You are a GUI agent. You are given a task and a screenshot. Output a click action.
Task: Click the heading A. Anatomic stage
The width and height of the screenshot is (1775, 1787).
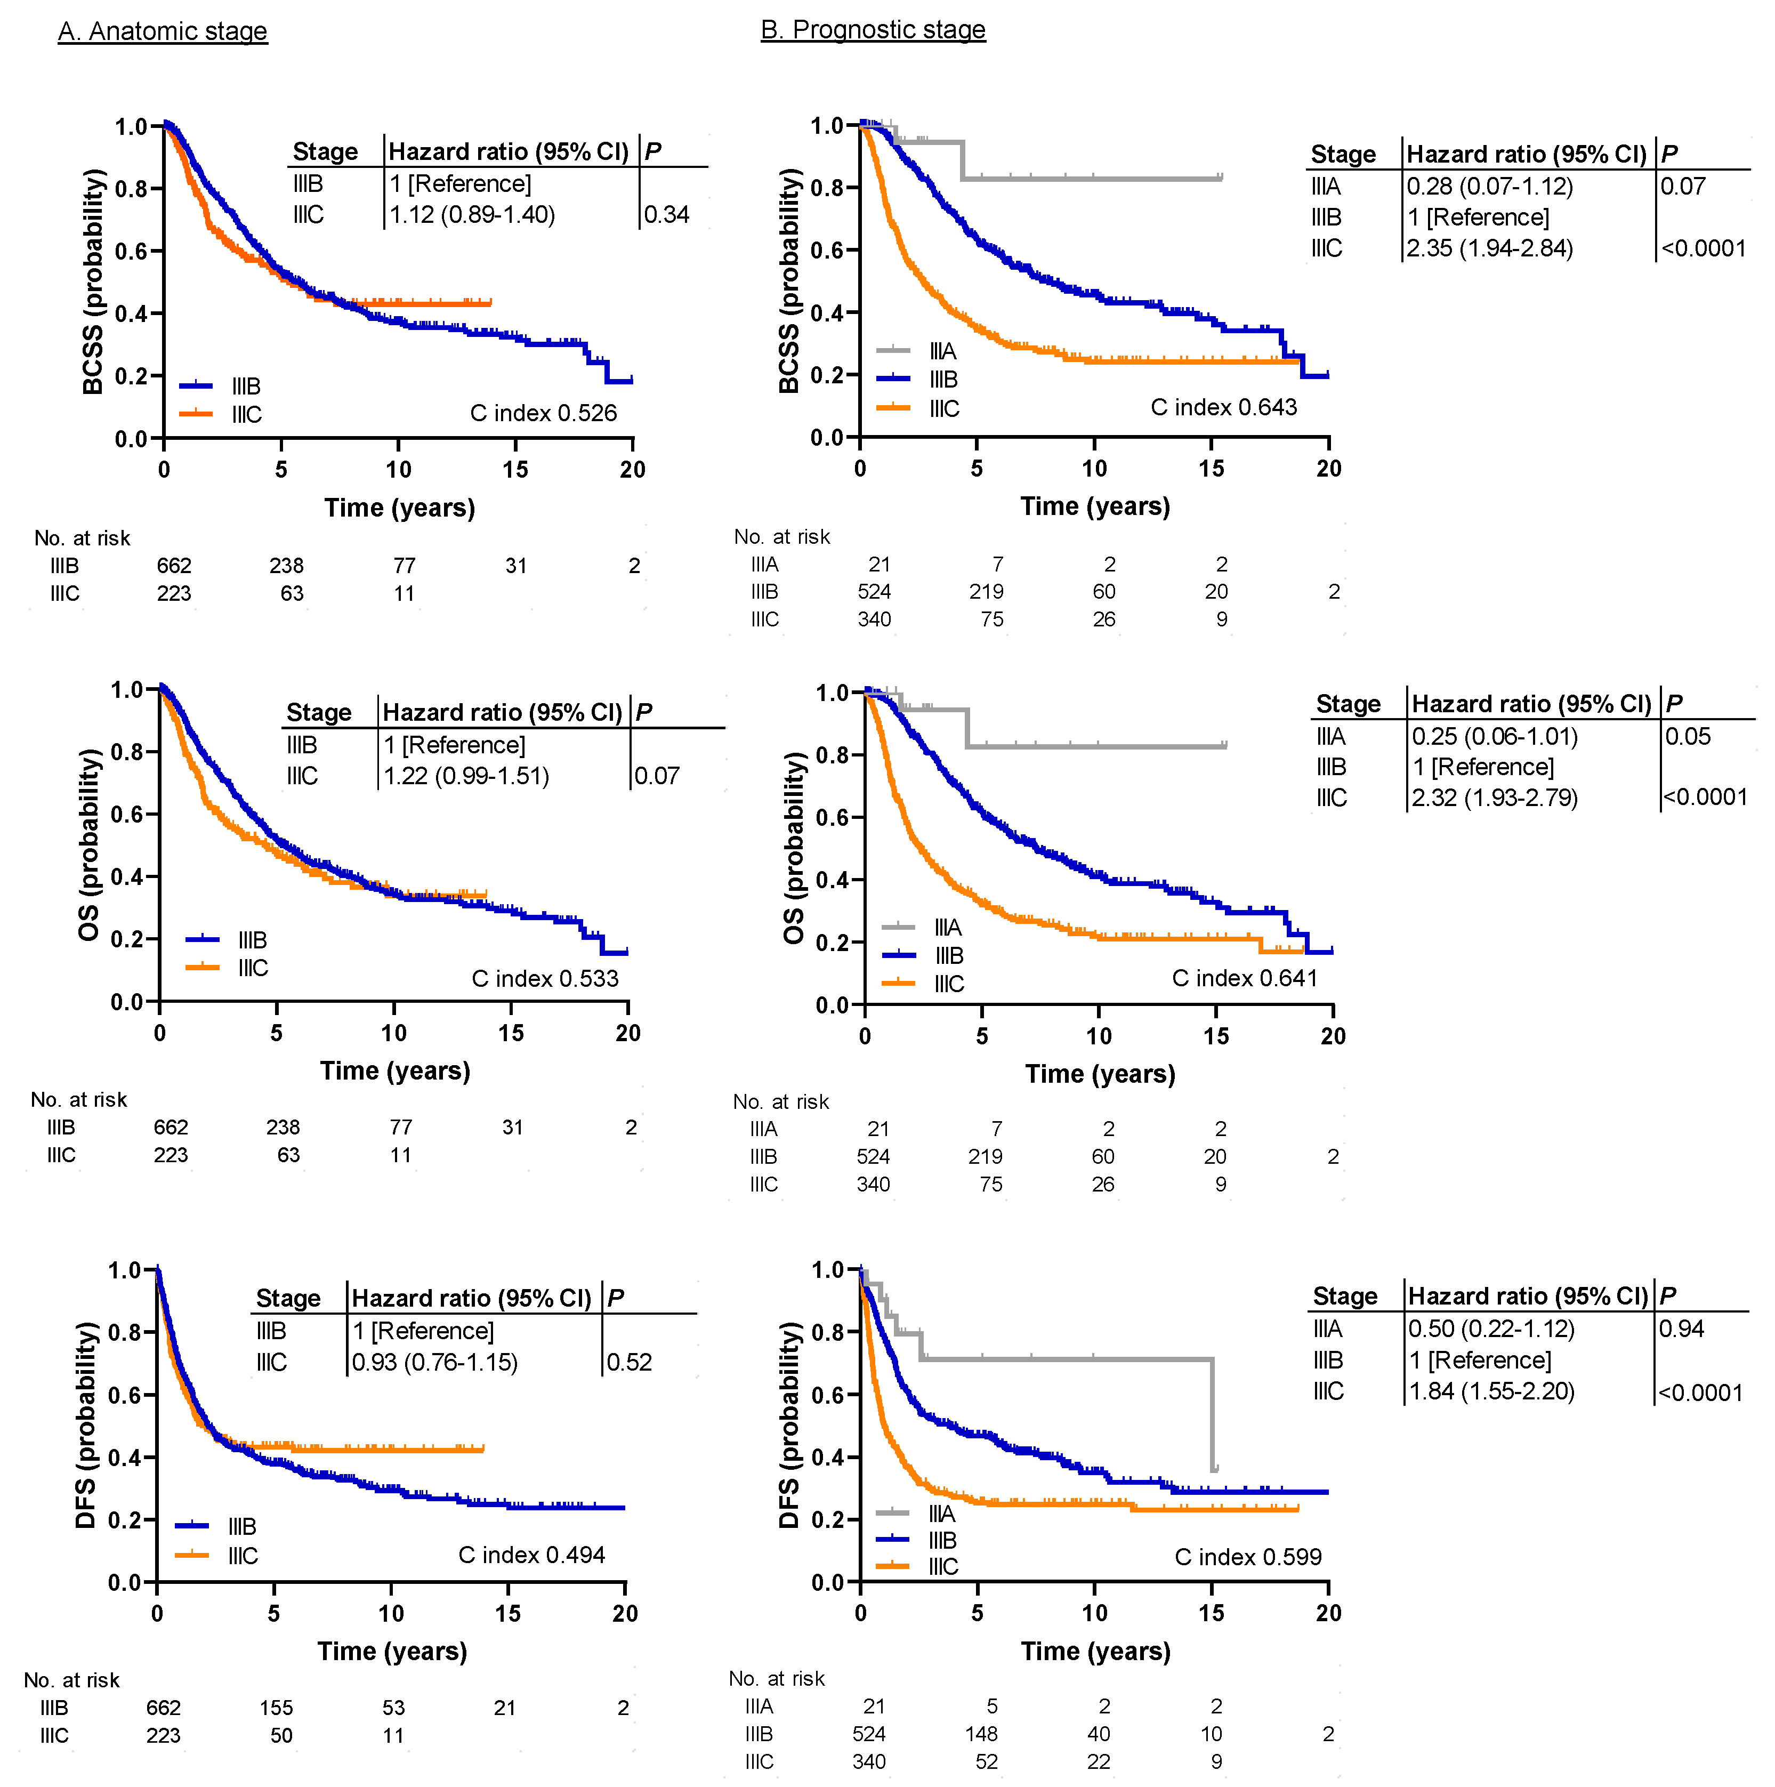pyautogui.click(x=162, y=31)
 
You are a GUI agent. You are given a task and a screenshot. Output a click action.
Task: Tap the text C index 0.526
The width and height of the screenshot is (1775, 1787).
pyautogui.click(x=543, y=414)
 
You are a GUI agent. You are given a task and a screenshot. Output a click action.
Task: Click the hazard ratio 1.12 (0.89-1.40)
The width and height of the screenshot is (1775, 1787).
pyautogui.click(x=472, y=215)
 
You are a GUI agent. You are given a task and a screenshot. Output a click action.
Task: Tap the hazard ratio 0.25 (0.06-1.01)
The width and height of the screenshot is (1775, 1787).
pyautogui.click(x=1494, y=736)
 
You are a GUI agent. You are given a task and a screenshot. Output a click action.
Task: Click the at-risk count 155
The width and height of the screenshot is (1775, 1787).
pyautogui.click(x=276, y=1708)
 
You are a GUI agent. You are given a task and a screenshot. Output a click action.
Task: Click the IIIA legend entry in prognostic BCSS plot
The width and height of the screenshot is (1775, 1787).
pyautogui.click(x=942, y=351)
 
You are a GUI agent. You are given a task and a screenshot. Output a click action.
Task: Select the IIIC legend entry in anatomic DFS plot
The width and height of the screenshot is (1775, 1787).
pyautogui.click(x=243, y=1556)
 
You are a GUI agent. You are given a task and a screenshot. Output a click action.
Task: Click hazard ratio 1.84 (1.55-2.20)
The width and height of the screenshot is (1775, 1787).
pyautogui.click(x=1491, y=1391)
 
